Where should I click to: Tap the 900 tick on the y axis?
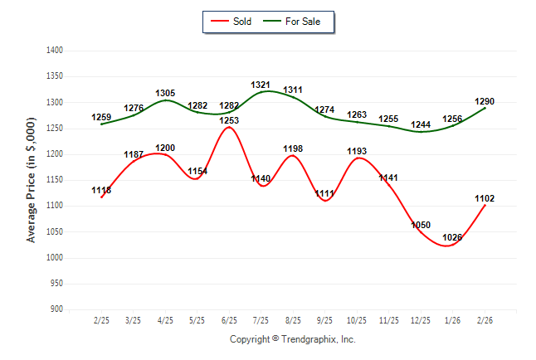pyautogui.click(x=56, y=309)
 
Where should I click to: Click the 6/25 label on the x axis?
pyautogui.click(x=229, y=320)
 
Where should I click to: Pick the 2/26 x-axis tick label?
pyautogui.click(x=485, y=320)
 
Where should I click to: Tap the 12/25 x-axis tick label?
pyautogui.click(x=421, y=320)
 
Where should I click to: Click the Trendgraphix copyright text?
pyautogui.click(x=292, y=339)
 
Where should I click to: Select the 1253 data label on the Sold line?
pyautogui.click(x=229, y=120)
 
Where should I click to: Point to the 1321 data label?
pyautogui.click(x=261, y=85)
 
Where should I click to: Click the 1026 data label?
pyautogui.click(x=452, y=238)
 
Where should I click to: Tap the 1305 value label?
pyautogui.click(x=165, y=93)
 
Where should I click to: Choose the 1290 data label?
pyautogui.click(x=485, y=101)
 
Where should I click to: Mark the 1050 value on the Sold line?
pyautogui.click(x=421, y=226)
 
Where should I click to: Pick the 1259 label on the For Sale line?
pyautogui.click(x=101, y=118)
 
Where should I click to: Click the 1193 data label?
pyautogui.click(x=357, y=151)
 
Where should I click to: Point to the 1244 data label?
pyautogui.click(x=421, y=124)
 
